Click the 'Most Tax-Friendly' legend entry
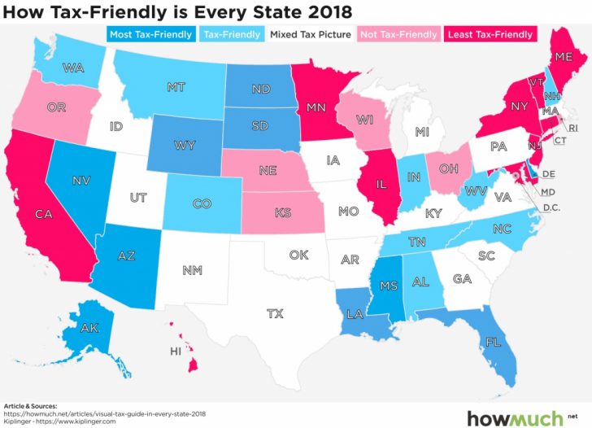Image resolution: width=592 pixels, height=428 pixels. [x=151, y=34]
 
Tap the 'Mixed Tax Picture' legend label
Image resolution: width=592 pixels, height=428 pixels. [x=310, y=34]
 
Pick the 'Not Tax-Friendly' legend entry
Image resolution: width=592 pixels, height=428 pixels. [x=397, y=34]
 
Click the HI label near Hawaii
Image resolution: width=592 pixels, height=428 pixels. [x=175, y=352]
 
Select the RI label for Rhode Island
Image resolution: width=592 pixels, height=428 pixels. [x=572, y=128]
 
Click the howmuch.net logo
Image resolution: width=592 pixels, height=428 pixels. [x=526, y=416]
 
